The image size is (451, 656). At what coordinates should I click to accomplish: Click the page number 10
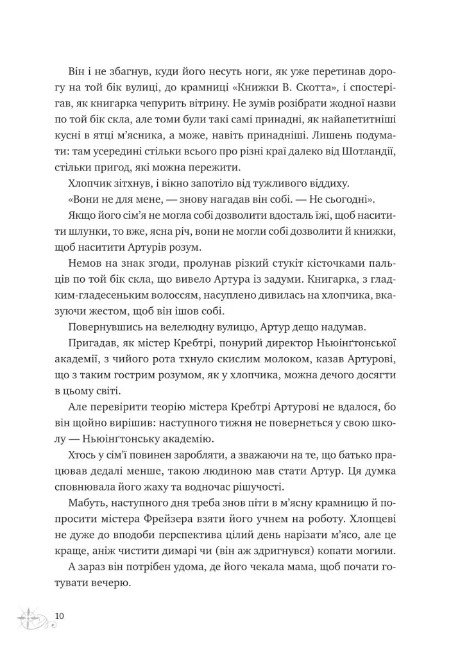pos(60,616)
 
